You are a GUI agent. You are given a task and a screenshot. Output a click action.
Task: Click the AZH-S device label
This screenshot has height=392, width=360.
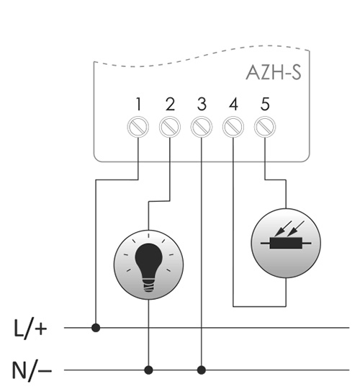tap(274, 73)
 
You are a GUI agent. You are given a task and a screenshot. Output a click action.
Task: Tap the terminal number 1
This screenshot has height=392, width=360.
tap(138, 104)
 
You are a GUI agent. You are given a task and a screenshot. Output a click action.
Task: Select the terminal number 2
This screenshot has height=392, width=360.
tap(170, 104)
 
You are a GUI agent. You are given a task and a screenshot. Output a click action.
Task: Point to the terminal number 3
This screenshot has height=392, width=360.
tap(202, 104)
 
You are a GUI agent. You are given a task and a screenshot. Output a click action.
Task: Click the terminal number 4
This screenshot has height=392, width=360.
tap(233, 104)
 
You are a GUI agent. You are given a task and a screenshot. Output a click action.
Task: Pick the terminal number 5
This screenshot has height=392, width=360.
tap(265, 104)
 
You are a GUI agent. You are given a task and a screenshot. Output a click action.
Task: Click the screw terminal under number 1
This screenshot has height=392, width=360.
tap(138, 127)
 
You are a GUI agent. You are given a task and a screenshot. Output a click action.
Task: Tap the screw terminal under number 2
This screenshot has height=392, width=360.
tap(170, 127)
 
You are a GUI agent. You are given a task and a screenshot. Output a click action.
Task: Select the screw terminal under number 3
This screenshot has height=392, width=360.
tap(202, 127)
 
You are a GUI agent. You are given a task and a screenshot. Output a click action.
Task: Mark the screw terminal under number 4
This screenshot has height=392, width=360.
tap(233, 127)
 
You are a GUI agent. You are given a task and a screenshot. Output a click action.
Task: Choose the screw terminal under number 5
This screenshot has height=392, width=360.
tap(265, 127)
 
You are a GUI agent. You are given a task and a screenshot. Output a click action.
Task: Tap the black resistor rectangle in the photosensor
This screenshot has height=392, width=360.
tap(286, 243)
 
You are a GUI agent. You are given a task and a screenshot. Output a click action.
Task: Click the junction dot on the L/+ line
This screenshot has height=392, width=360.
tap(96, 327)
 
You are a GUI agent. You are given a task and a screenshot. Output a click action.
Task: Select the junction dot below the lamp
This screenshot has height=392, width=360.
tap(148, 370)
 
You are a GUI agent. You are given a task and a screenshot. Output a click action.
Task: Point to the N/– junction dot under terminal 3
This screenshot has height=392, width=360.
tap(202, 370)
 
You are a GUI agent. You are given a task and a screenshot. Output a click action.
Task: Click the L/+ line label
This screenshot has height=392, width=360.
tap(30, 329)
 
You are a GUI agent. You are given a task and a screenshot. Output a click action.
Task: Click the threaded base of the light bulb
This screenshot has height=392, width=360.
tap(148, 285)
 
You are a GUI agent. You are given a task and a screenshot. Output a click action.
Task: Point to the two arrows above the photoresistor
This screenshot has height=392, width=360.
tap(289, 228)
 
